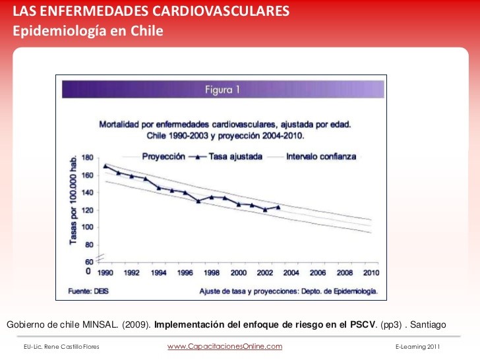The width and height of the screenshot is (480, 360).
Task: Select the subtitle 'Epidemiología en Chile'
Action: (88, 31)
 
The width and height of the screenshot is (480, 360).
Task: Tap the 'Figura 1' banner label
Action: (222, 90)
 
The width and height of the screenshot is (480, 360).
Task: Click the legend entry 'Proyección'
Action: (162, 157)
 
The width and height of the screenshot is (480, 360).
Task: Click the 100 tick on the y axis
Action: (87, 227)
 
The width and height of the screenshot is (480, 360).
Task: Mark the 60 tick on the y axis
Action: (88, 262)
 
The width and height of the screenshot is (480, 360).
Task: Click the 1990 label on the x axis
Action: (105, 272)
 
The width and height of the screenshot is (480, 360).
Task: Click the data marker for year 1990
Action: (105, 165)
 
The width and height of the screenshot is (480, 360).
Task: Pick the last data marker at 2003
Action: (278, 207)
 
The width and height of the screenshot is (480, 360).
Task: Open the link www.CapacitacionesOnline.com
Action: (224, 346)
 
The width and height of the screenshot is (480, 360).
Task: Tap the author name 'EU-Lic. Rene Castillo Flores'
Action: (61, 347)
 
